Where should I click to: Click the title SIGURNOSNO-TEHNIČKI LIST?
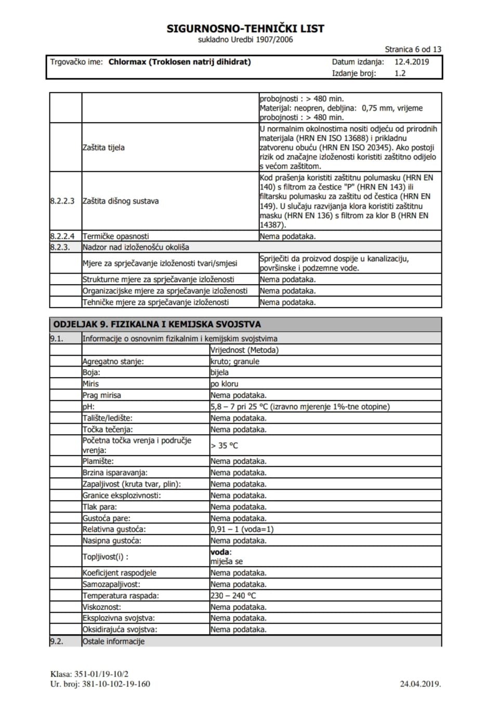coord(245,29)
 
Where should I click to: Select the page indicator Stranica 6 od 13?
coord(413,49)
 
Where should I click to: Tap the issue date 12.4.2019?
coord(412,62)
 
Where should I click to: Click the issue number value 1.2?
coord(400,73)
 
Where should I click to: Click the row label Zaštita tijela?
coord(103,147)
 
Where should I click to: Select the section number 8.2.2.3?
coord(62,201)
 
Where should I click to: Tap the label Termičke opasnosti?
coord(115,236)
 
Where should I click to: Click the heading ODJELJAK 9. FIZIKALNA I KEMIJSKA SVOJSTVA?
coord(157,325)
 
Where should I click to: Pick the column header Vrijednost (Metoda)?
coord(244,350)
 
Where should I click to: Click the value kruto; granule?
coord(235,361)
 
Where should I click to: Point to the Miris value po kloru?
coord(225,384)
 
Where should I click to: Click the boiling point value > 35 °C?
coord(224,446)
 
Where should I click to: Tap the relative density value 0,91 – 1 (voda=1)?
coord(242,529)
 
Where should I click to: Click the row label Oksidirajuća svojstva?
coord(120,629)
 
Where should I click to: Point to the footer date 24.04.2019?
coord(420,683)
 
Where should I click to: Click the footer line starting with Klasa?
coord(89,674)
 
